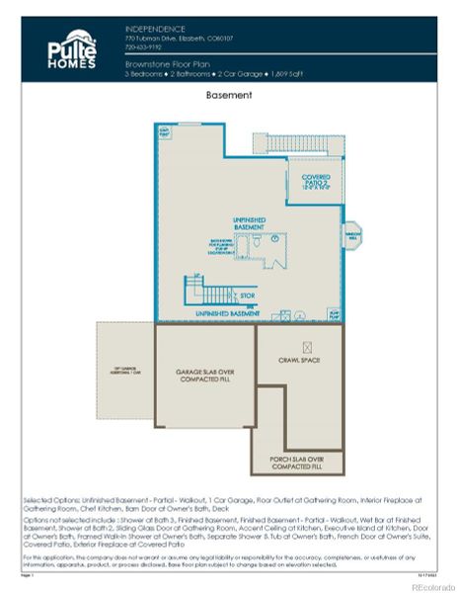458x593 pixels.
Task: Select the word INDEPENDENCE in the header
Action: tap(157, 29)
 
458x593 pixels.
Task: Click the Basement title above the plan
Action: tap(228, 96)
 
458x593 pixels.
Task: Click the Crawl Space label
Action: tap(299, 361)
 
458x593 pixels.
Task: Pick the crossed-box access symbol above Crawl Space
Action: tap(308, 347)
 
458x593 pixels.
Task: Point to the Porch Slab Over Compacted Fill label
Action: tap(299, 462)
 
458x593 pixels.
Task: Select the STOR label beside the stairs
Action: tap(247, 295)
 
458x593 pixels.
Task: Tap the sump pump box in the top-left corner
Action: tap(165, 131)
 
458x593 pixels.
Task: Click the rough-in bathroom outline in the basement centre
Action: tap(260, 243)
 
